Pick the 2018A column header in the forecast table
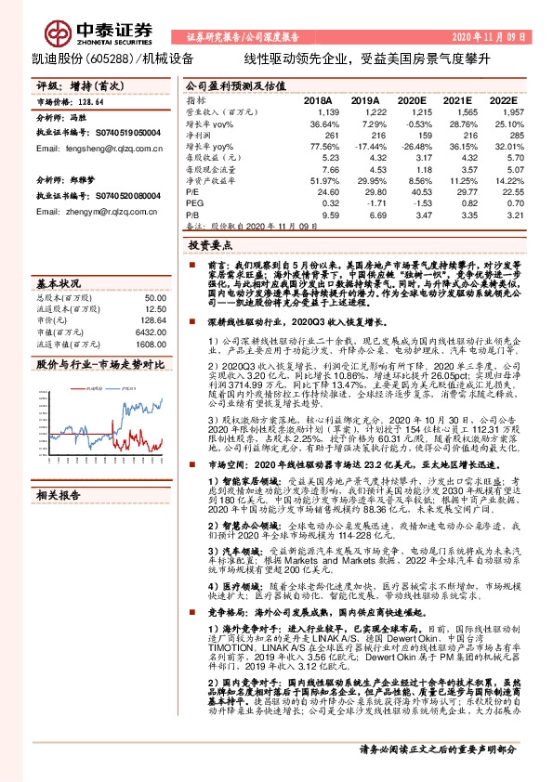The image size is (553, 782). pyautogui.click(x=318, y=98)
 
